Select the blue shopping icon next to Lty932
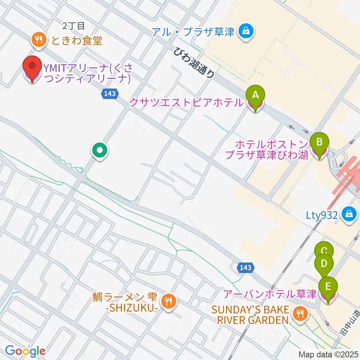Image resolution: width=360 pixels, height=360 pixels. pos(349,214)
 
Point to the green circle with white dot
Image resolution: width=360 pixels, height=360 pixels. pos(100,151)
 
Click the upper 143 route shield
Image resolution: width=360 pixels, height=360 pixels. pos(110,94)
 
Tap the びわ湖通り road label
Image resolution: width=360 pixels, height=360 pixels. pos(194,63)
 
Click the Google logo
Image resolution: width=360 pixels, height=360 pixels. pos(25,351)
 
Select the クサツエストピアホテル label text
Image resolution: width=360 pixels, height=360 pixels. pos(186,102)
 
